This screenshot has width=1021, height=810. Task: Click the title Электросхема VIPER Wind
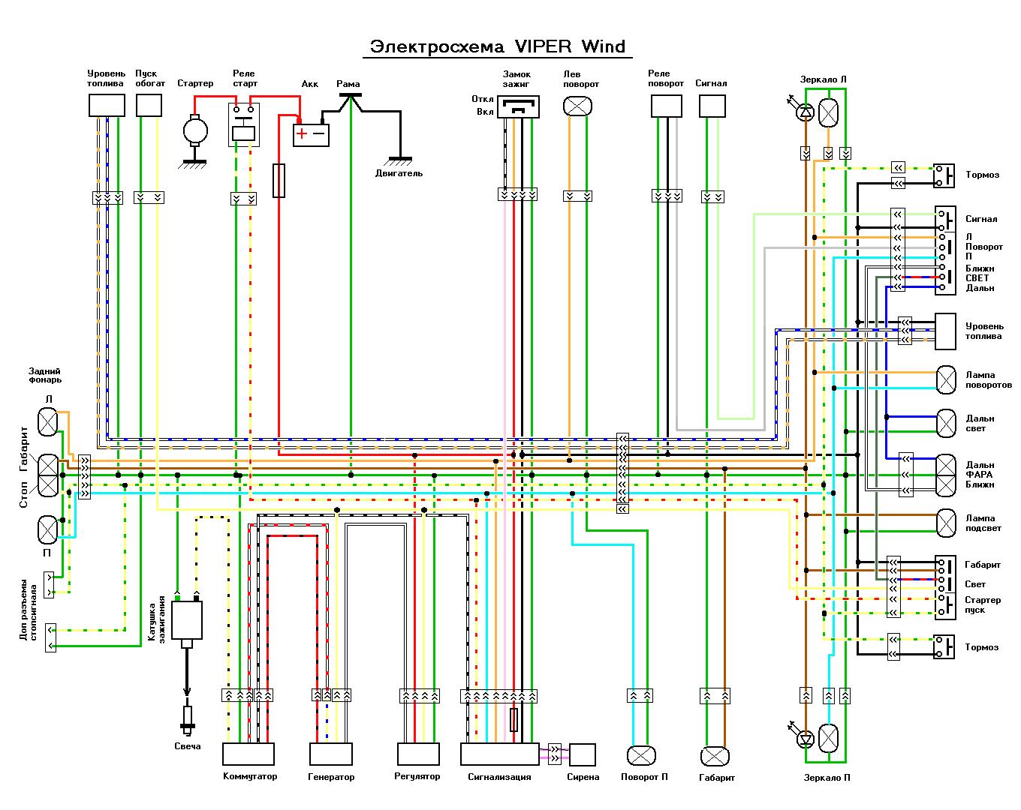click(498, 46)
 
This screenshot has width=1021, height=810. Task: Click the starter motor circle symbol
click(195, 130)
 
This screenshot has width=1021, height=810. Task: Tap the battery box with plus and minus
click(311, 134)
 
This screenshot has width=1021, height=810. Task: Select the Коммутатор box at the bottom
click(248, 754)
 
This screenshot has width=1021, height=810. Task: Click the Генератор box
click(330, 754)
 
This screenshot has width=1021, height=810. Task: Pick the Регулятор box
click(418, 754)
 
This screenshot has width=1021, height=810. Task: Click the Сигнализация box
click(499, 754)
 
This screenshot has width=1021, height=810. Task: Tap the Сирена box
click(582, 754)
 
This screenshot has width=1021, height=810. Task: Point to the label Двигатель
click(399, 173)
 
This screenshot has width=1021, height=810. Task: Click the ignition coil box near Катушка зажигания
click(186, 620)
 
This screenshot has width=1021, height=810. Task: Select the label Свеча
click(188, 746)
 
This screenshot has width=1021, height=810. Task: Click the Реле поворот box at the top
click(666, 106)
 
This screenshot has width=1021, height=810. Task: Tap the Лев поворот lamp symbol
click(577, 106)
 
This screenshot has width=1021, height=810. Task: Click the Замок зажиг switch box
click(518, 106)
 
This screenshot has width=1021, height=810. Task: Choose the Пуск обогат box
click(149, 105)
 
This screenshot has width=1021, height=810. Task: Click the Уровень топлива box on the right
click(945, 331)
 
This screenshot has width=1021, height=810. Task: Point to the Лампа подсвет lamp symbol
click(946, 523)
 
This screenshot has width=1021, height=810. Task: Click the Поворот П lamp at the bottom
click(641, 755)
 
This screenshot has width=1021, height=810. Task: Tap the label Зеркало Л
click(823, 79)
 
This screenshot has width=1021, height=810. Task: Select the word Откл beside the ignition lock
click(483, 99)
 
